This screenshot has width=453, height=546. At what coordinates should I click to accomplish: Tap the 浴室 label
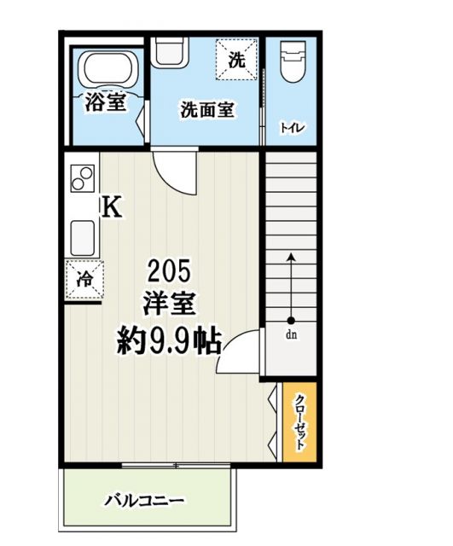tap(107, 102)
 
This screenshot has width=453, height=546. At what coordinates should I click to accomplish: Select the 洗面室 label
tap(207, 109)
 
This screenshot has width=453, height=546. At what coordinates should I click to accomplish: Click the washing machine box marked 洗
tap(238, 59)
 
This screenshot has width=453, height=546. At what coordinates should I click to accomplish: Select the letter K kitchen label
tap(112, 207)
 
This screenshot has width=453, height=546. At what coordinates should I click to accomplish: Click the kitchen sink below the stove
tap(82, 235)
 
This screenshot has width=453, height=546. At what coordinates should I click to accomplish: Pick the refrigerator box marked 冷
tap(85, 278)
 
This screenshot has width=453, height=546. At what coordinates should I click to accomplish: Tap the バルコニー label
tap(145, 500)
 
